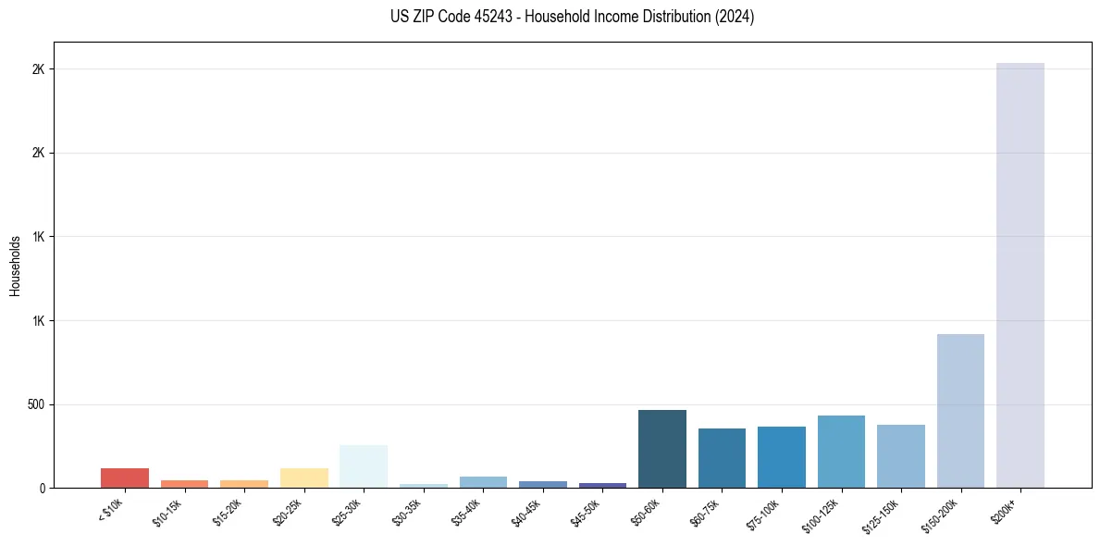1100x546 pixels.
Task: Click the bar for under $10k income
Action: [125, 478]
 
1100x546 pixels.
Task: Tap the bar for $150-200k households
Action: [960, 411]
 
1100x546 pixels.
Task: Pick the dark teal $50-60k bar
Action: [662, 449]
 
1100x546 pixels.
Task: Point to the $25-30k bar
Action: [364, 466]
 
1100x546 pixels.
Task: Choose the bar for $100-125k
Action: [841, 452]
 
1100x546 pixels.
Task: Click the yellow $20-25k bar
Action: [304, 478]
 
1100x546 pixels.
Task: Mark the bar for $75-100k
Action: [782, 457]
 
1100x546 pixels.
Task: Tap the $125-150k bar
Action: [901, 456]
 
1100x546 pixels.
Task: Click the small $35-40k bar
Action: [483, 482]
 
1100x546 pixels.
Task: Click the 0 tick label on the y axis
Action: [41, 488]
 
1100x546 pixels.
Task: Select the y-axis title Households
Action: [15, 266]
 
